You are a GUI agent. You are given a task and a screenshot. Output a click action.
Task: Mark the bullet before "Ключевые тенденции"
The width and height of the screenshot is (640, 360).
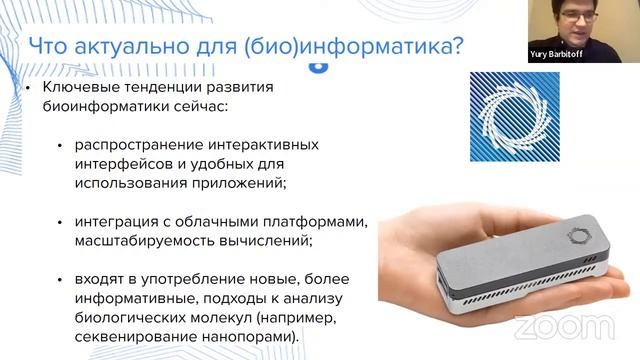(31, 89)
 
